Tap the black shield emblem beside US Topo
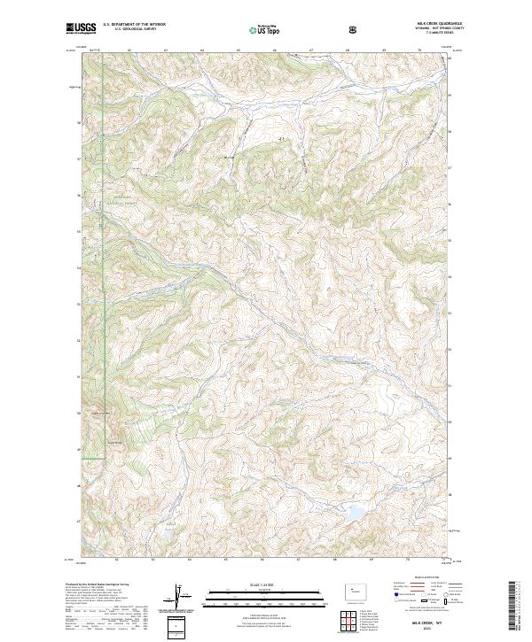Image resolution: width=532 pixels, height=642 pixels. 355,29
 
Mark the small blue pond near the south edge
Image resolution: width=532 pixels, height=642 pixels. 166,535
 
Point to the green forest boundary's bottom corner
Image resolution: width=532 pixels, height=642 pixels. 107,458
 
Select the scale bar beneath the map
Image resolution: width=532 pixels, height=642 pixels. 262,599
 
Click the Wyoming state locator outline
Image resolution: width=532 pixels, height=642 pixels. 350,588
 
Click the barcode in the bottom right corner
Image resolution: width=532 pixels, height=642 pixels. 512,611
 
